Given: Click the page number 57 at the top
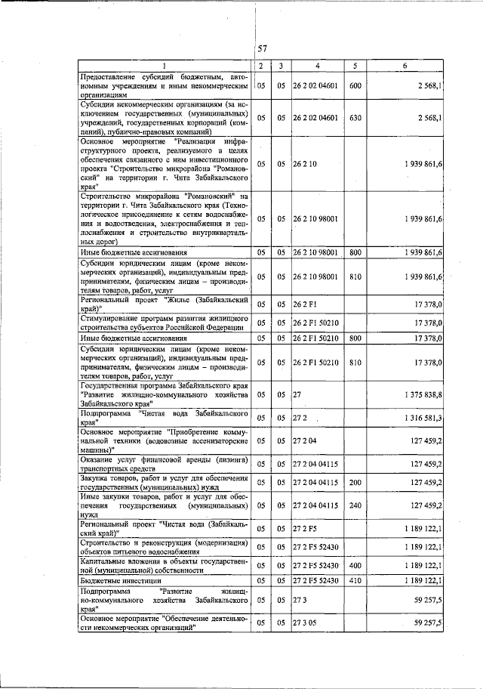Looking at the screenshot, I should (x=263, y=48).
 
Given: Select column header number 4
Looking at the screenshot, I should (x=318, y=66).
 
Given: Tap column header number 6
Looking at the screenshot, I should (x=405, y=66).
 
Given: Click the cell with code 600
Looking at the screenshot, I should (x=355, y=86).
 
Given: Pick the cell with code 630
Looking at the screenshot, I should (x=355, y=118).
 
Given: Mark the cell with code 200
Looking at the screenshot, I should (x=355, y=481).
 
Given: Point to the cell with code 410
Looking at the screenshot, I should (x=355, y=580).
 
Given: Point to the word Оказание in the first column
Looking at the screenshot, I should (x=98, y=459).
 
